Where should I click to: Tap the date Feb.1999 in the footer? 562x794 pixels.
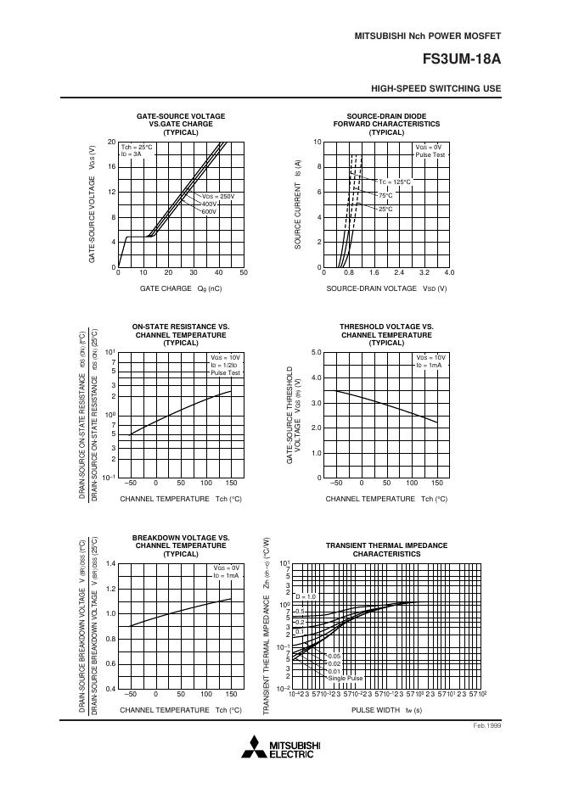click(487, 727)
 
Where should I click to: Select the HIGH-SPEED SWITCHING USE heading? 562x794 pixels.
click(436, 88)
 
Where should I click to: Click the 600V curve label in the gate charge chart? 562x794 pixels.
click(210, 211)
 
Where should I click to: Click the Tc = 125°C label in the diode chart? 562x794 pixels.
click(395, 182)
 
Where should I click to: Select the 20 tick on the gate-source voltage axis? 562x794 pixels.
click(112, 142)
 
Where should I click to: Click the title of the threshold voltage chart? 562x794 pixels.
click(386, 334)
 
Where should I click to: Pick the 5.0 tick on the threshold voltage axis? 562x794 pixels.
click(317, 352)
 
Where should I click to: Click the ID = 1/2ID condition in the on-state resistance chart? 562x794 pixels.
click(224, 366)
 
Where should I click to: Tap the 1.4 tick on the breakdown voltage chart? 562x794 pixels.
click(110, 564)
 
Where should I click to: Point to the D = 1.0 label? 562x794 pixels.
click(305, 596)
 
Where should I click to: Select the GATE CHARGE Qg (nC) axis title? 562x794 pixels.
click(181, 288)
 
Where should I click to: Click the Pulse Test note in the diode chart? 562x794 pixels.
click(430, 155)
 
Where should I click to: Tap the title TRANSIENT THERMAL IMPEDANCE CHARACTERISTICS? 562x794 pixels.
click(386, 549)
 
